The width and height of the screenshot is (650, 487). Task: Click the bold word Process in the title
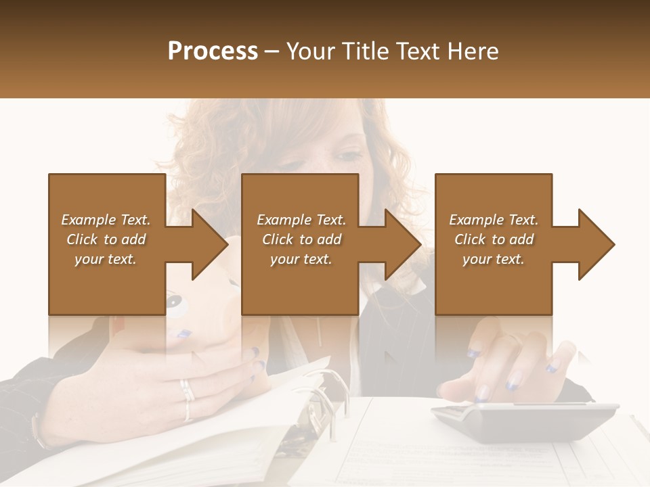click(x=213, y=51)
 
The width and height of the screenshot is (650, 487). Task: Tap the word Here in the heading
click(x=473, y=51)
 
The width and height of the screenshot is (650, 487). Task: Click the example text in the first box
click(x=106, y=239)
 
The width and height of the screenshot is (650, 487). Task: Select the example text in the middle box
click(x=301, y=239)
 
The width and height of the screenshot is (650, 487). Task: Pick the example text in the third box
click(x=494, y=239)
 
